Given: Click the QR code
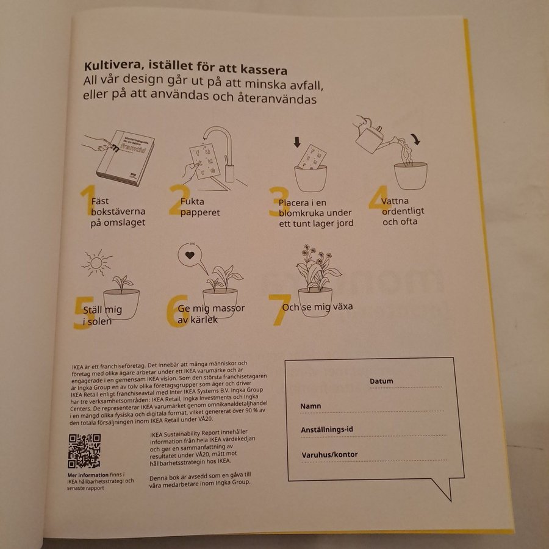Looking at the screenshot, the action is coord(84,451).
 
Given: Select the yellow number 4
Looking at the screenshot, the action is coord(379,198).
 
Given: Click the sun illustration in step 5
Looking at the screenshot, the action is coord(96,262).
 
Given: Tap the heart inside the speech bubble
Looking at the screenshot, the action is coord(190,255).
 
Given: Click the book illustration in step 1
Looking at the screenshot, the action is coord(125,157).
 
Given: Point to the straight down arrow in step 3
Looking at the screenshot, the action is coord(297,142).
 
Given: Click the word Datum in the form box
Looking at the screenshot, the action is coord(381,381).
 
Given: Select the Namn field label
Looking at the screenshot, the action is coord(310,406).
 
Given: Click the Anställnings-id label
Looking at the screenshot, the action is coord(327,429).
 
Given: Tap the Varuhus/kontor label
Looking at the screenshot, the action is coord(329,454).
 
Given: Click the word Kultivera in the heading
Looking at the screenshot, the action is coord(113,65).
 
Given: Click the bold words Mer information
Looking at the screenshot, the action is coord(88,475).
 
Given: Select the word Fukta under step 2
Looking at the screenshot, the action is coord(192,201).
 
